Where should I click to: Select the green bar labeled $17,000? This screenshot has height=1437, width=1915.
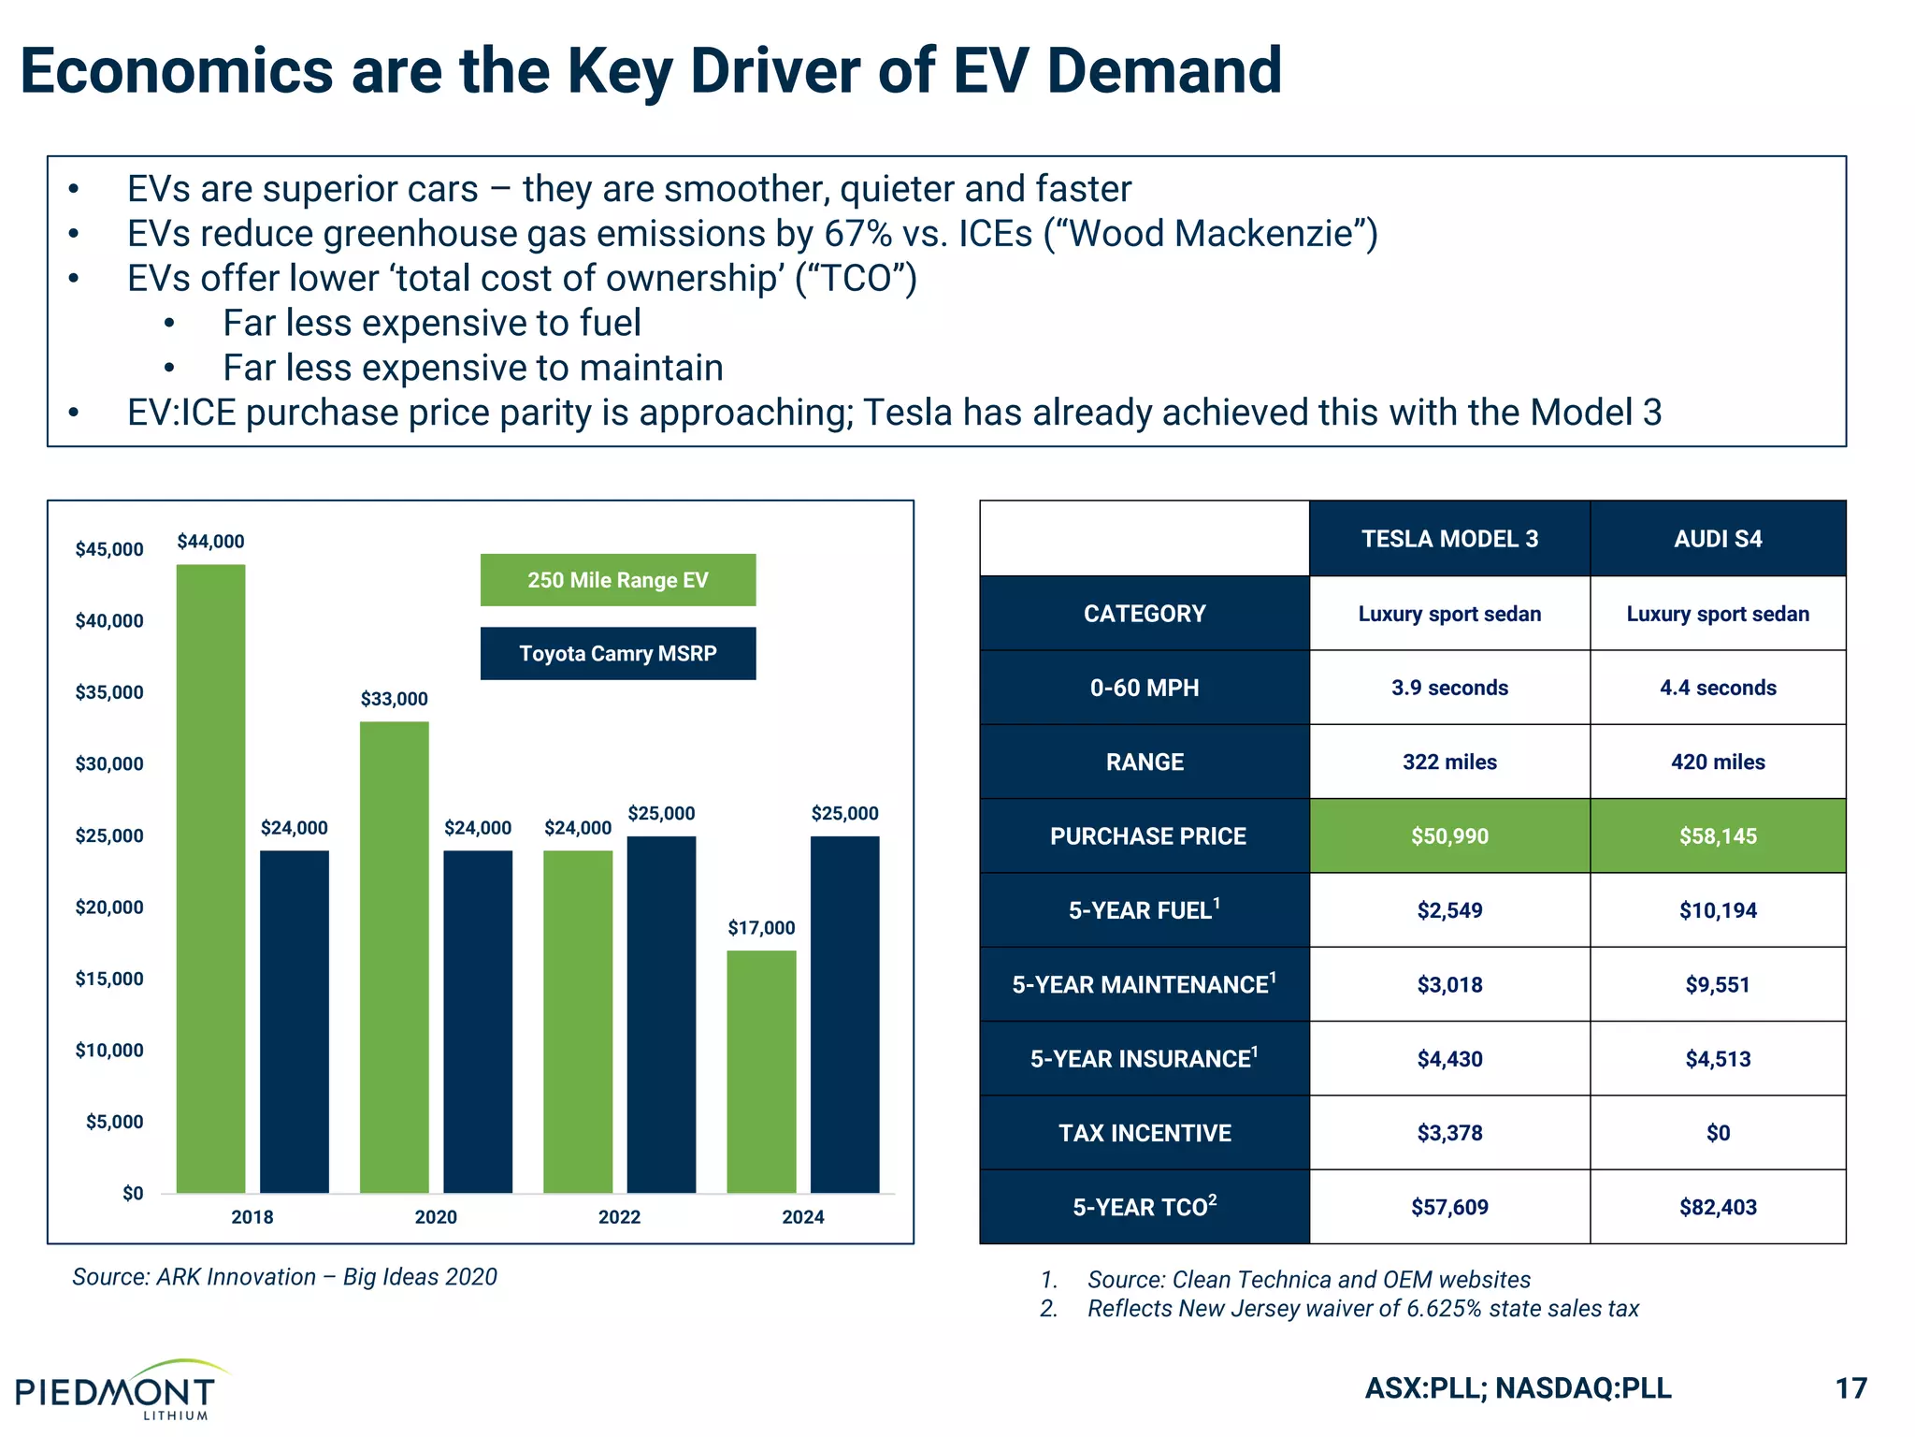click(x=761, y=1071)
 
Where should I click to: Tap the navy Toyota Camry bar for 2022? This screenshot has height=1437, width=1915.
click(x=661, y=1014)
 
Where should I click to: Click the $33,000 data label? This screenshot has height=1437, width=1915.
click(x=394, y=699)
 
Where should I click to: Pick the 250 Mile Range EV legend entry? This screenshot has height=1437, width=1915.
click(x=617, y=580)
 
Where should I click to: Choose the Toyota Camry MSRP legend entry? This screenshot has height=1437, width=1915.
click(x=617, y=653)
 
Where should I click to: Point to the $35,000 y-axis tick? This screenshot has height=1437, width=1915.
click(x=109, y=692)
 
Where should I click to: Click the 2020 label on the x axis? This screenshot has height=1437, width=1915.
click(x=436, y=1217)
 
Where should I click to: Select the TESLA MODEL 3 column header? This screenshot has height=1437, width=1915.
click(x=1448, y=539)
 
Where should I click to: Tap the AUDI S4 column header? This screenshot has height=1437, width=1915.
click(x=1717, y=539)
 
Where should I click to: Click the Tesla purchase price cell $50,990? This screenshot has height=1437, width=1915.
click(x=1448, y=836)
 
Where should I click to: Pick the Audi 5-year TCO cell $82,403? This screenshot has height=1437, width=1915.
click(x=1717, y=1207)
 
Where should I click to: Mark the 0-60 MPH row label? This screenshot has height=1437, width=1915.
click(x=1144, y=688)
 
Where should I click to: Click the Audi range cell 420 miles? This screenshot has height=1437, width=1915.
click(x=1717, y=762)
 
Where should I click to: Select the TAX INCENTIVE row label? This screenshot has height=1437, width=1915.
click(x=1144, y=1133)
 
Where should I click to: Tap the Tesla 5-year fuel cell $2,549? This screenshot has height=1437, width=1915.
click(x=1448, y=910)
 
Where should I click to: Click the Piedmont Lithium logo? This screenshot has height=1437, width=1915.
click(x=117, y=1391)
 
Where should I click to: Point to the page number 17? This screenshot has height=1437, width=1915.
click(x=1850, y=1388)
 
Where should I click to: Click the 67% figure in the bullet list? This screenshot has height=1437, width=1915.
click(x=857, y=234)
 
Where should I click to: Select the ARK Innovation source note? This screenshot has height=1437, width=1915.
click(x=284, y=1277)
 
